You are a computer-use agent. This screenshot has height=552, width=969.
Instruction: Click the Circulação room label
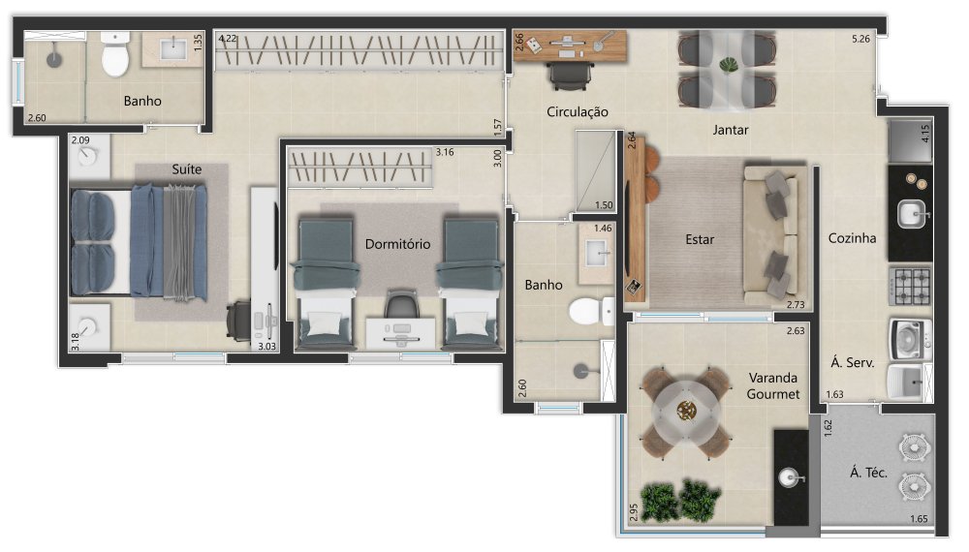point(578,111)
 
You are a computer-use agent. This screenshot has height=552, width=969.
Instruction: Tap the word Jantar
point(730,130)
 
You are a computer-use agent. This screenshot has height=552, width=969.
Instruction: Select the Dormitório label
point(397,244)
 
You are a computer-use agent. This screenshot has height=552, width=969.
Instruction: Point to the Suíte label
point(187,169)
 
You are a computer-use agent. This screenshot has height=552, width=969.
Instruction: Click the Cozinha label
point(852,237)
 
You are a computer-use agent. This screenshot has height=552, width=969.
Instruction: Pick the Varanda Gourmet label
point(773,385)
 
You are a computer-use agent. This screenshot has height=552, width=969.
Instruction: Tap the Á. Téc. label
point(868,473)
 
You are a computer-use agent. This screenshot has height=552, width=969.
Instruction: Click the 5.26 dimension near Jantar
point(860,39)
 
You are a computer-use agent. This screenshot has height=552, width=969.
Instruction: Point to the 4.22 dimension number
point(228,39)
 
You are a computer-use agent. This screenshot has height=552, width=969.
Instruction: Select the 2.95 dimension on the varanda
point(634,512)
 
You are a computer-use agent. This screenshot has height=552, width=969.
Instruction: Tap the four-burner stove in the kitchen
point(910,286)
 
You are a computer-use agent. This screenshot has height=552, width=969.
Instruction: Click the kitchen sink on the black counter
point(912,214)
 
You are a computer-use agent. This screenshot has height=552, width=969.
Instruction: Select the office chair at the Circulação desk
point(571,76)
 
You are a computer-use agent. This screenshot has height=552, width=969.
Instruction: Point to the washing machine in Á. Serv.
point(910,339)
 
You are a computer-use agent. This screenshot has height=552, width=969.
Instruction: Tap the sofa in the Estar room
point(772,236)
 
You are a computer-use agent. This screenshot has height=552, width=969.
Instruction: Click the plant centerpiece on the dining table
point(729,65)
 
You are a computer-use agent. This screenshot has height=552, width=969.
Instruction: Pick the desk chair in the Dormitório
point(401,304)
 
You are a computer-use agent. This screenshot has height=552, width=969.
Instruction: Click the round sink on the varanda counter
point(790,477)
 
